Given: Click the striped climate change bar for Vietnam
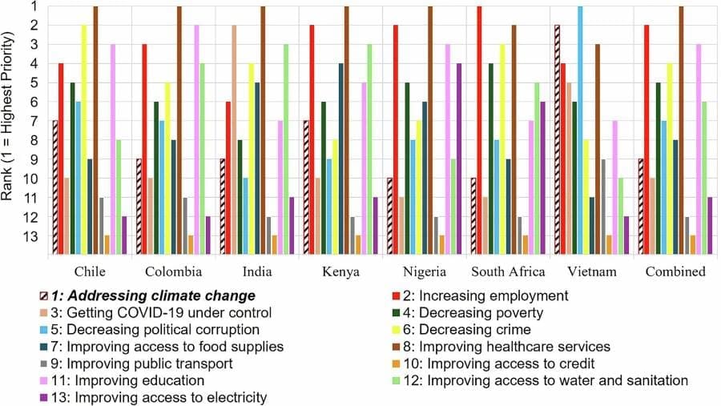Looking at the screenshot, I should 557,139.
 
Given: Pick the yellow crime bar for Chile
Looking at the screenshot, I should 84,139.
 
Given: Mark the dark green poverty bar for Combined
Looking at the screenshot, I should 659,168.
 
